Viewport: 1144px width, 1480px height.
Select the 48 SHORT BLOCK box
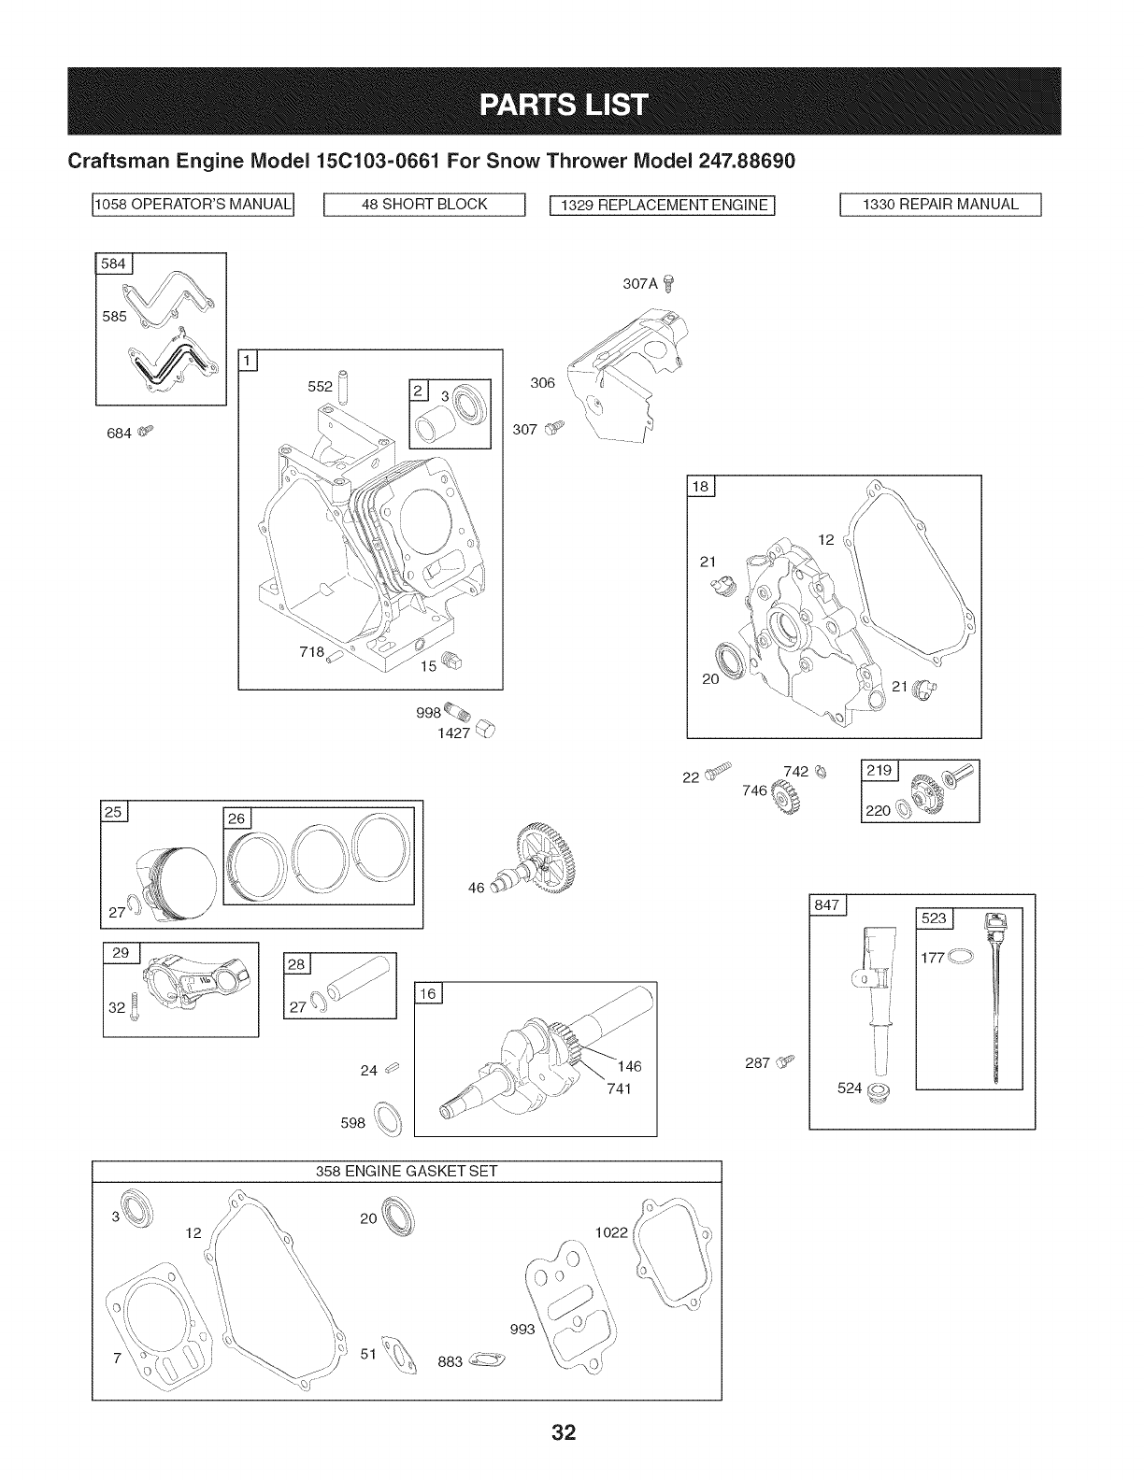(x=425, y=205)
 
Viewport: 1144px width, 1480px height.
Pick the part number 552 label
(x=320, y=385)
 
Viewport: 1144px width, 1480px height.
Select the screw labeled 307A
(x=667, y=284)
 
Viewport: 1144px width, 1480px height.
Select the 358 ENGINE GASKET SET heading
(x=407, y=1171)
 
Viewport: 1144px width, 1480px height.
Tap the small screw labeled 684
(x=144, y=431)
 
